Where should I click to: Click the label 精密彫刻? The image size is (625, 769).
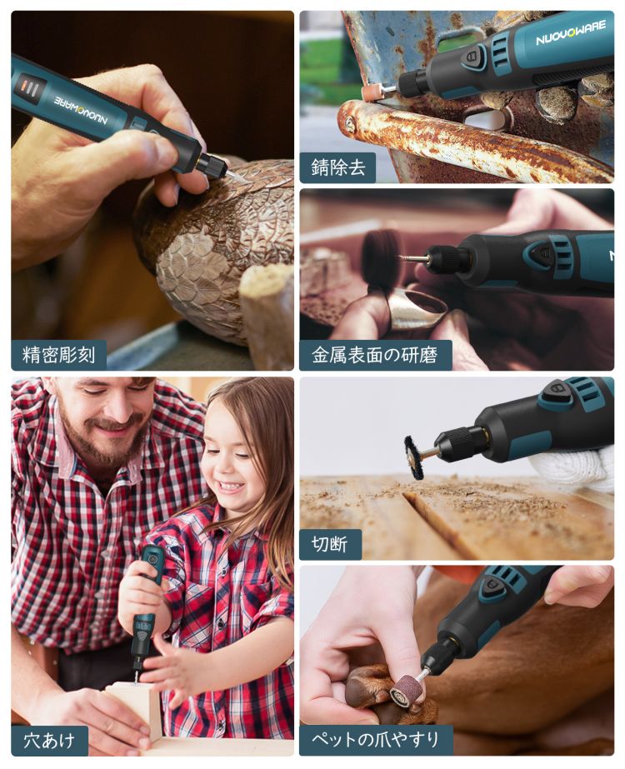click(58, 355)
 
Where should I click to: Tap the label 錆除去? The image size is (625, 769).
click(338, 167)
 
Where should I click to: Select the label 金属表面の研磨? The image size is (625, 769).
click(375, 355)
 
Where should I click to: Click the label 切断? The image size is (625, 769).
click(329, 544)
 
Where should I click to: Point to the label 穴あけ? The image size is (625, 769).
click(49, 740)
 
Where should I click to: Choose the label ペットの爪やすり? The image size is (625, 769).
click(375, 739)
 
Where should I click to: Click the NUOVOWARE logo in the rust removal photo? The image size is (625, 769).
click(571, 33)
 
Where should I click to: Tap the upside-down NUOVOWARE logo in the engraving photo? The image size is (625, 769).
click(81, 110)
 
